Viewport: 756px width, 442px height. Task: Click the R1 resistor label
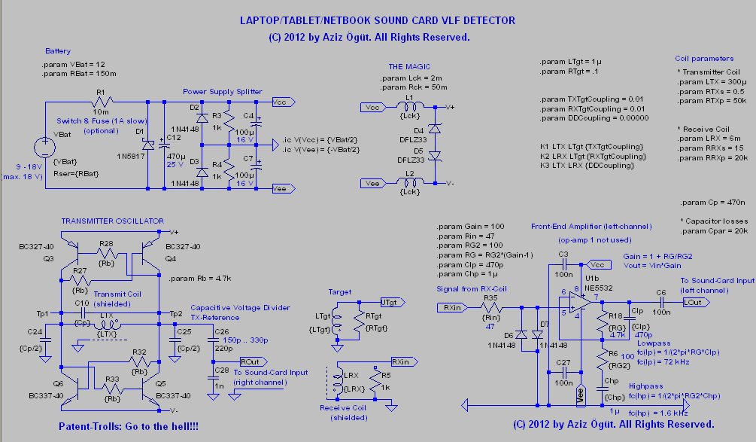tap(100, 91)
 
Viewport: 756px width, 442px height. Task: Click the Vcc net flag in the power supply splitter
tap(279, 102)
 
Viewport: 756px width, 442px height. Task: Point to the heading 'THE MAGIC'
tap(409, 67)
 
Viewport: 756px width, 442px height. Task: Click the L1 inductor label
tap(409, 97)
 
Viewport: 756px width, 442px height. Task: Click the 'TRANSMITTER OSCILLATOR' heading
tap(112, 221)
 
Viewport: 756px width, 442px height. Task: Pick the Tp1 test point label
tap(43, 313)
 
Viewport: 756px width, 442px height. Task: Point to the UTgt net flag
tap(391, 301)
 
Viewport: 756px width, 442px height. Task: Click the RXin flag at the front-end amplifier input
tap(450, 307)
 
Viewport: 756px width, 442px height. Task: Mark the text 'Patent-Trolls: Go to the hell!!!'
tap(129, 427)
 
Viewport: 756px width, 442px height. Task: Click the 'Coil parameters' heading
tap(704, 59)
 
